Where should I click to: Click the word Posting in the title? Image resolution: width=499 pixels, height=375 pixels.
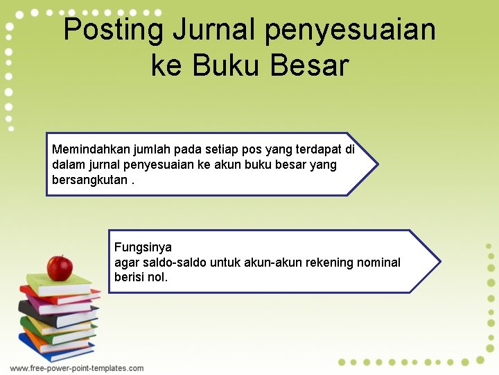pyautogui.click(x=114, y=31)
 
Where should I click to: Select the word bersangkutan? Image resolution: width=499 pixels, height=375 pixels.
pyautogui.click(x=89, y=180)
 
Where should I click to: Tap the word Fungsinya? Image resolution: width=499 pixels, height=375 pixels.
pyautogui.click(x=143, y=247)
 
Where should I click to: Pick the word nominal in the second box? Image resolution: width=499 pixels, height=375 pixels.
pyautogui.click(x=378, y=262)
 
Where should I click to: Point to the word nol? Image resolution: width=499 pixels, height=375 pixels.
pyautogui.click(x=157, y=278)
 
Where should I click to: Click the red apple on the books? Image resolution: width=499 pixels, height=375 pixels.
pyautogui.click(x=60, y=268)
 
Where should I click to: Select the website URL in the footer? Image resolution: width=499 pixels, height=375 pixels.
pyautogui.click(x=77, y=368)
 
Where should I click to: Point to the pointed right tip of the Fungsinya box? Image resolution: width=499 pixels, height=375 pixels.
pyautogui.click(x=439, y=262)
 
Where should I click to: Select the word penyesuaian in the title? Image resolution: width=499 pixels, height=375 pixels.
pyautogui.click(x=350, y=31)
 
